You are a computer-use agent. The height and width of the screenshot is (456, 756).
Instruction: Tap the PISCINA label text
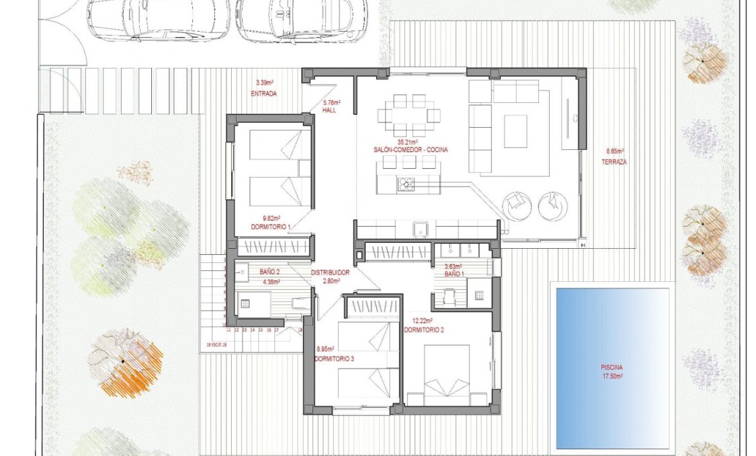tap(612, 367)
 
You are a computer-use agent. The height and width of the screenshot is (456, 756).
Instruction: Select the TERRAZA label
tap(614, 162)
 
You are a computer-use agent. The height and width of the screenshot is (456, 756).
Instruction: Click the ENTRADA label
tap(263, 94)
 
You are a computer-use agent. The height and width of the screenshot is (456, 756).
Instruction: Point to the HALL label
tap(329, 110)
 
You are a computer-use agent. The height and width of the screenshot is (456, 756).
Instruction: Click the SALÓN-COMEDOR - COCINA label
tap(413, 149)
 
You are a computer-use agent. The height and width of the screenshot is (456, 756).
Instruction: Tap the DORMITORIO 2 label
tap(423, 330)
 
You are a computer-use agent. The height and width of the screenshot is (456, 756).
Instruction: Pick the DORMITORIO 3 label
tap(334, 359)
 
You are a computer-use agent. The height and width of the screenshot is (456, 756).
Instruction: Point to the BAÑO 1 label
tap(454, 274)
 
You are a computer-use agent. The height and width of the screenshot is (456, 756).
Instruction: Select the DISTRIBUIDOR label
tap(329, 272)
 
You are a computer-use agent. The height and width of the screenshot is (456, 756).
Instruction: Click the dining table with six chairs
tap(409, 115)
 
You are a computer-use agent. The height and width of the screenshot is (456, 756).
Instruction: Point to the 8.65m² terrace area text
tap(614, 152)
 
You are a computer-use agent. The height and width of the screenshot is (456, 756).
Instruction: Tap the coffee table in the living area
tap(515, 130)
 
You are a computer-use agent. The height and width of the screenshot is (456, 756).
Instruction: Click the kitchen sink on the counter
tap(421, 229)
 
